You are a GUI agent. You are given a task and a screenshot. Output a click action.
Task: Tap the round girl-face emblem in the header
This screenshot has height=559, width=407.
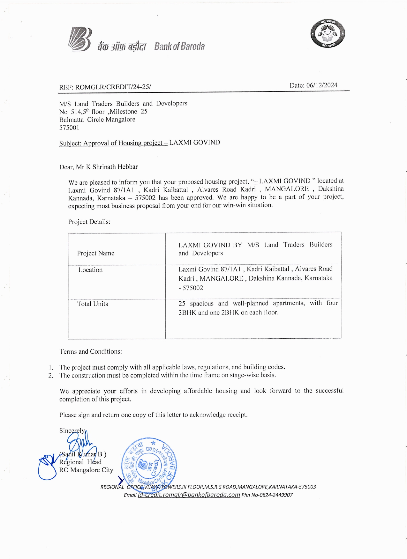328,33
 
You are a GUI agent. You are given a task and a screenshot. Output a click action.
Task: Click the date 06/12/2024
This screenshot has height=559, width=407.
321,85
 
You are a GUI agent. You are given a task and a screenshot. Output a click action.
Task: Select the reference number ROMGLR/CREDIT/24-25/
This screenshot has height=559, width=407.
113,87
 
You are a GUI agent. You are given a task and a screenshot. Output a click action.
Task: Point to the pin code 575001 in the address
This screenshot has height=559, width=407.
69,128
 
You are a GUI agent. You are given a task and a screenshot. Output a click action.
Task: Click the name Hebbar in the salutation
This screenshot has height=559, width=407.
127,167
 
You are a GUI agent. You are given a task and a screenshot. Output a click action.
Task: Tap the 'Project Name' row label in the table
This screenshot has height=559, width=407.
95,253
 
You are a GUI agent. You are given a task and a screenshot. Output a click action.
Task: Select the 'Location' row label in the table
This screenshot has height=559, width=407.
90,270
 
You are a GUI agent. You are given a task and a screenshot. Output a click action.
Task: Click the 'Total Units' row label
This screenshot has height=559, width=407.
93,304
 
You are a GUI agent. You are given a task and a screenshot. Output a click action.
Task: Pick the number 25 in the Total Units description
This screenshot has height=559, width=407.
182,303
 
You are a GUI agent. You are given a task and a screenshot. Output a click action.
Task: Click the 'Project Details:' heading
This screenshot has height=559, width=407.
89,222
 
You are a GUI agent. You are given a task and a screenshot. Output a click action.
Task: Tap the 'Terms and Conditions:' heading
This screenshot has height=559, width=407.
91,351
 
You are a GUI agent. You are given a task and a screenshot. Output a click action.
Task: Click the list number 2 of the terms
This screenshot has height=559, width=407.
51,375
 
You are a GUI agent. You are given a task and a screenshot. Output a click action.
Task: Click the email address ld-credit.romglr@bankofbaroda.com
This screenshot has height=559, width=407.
189,495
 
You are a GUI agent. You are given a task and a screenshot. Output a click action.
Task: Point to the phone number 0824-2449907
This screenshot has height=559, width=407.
276,495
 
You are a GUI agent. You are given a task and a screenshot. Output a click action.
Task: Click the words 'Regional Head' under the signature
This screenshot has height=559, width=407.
80,462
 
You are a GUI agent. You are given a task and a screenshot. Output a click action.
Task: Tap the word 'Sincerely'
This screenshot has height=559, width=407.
72,430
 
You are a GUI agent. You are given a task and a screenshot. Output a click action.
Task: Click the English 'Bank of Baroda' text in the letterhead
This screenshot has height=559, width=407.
179,47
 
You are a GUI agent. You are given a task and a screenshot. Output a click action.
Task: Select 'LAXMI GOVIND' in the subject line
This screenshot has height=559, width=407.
194,143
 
